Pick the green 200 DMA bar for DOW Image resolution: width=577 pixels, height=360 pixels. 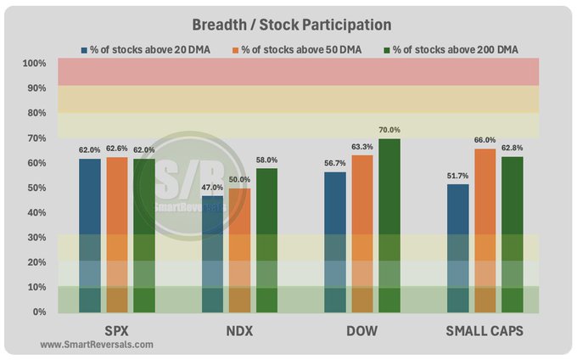point(389,225)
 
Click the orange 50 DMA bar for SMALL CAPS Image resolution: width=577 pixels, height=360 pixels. point(485,230)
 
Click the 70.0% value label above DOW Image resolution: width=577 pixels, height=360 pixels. point(389,130)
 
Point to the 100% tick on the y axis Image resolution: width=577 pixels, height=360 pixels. point(35,64)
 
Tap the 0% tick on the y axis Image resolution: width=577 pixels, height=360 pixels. point(38,312)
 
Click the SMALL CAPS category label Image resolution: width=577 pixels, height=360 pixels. point(485,329)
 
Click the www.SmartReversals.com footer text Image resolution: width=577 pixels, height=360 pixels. point(97,345)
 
